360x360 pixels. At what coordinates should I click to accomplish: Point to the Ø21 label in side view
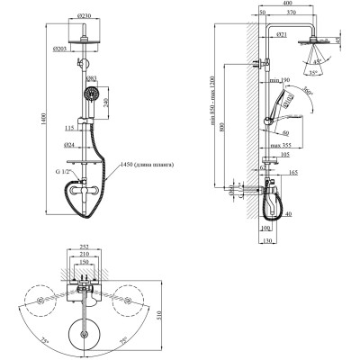point(281,34)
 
